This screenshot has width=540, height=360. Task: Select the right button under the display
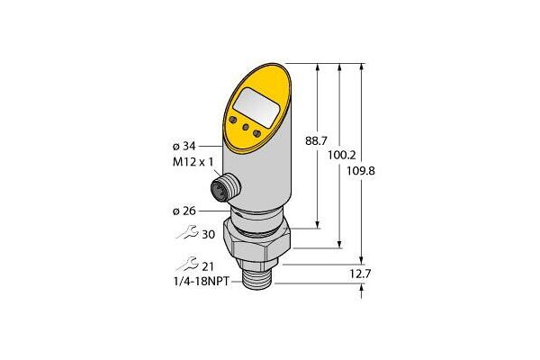[x=260, y=135]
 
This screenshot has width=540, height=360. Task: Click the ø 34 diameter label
[x=182, y=145]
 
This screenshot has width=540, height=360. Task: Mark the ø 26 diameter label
[x=184, y=212]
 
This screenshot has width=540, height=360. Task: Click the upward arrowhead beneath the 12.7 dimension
[x=362, y=289]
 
